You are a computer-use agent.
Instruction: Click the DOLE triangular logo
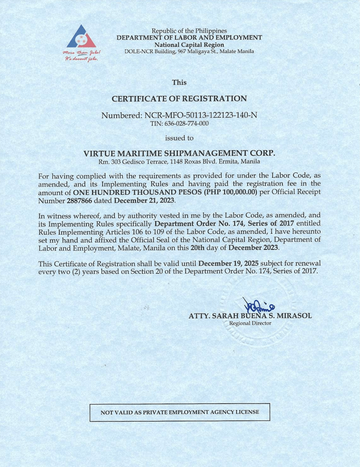point(81,37)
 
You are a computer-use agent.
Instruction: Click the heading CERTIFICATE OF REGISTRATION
point(179,98)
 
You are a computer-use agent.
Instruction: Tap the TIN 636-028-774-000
point(179,123)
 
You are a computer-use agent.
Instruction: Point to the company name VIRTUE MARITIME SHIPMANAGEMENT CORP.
point(179,153)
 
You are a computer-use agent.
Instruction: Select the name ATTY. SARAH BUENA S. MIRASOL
point(250,316)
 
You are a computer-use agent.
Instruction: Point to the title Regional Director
point(250,323)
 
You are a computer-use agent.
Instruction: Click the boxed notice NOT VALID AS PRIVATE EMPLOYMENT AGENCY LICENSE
point(180,412)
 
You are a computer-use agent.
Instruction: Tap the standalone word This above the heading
point(179,82)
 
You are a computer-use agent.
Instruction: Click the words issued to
point(179,137)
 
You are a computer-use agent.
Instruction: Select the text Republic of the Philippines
point(189,31)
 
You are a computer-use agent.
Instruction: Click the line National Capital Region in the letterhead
point(189,44)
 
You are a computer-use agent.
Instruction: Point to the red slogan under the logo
point(81,55)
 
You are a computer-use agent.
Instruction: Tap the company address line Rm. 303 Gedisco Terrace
point(179,161)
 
